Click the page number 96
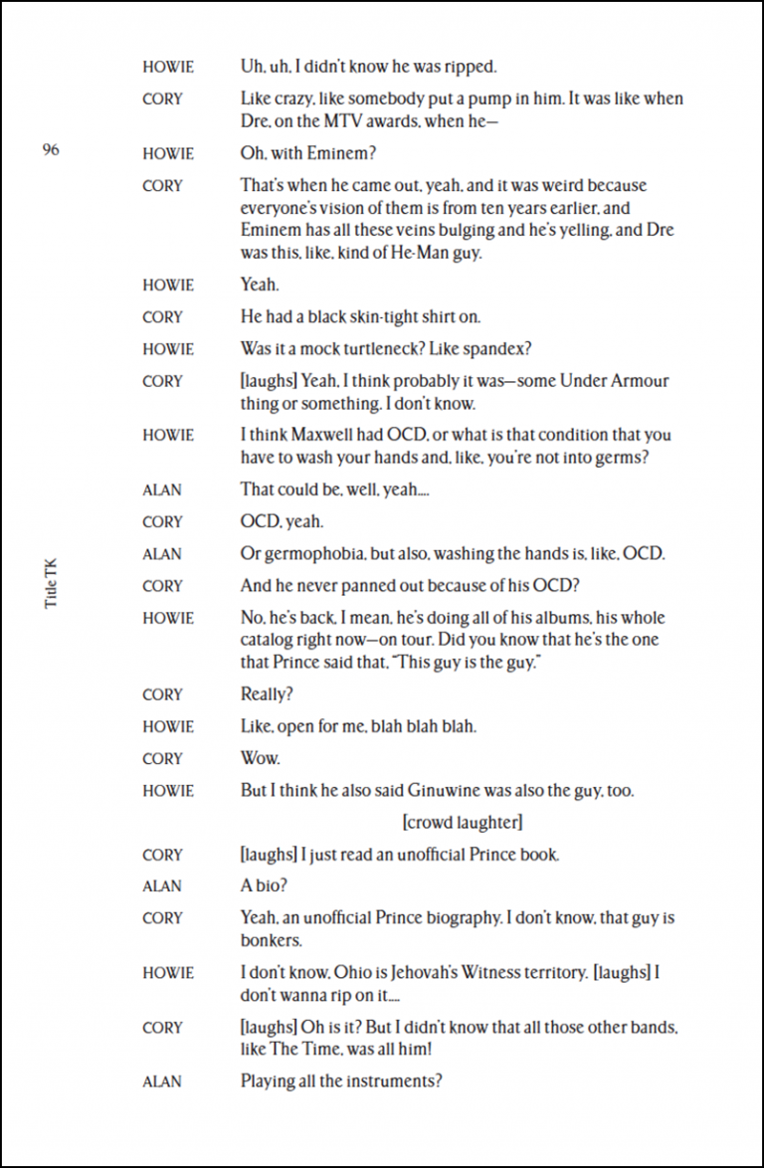point(51,150)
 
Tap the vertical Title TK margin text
point(51,581)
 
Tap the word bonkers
point(271,940)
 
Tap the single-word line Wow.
point(260,758)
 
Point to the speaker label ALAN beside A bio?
point(162,886)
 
